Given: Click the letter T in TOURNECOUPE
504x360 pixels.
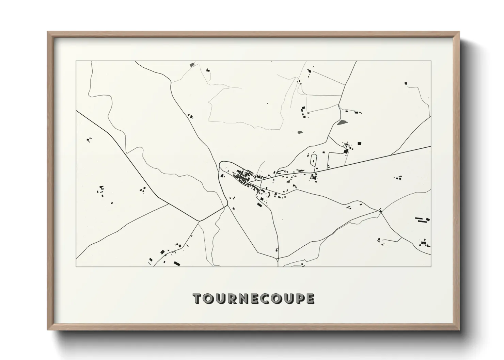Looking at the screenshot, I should point(198,298).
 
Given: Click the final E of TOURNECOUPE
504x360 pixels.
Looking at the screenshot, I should point(310,298).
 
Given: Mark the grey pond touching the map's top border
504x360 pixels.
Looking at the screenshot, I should point(192,64).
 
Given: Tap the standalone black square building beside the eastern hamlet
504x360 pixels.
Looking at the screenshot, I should point(359,144).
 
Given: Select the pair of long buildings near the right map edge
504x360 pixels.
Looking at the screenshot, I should point(421,219).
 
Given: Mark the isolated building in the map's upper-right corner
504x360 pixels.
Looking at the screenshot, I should point(405,83).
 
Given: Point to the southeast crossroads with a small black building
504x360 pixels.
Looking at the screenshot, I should point(381,211).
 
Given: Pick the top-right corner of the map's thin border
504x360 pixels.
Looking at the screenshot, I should point(431,61).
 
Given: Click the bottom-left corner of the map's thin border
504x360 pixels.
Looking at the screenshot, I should point(76,266).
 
